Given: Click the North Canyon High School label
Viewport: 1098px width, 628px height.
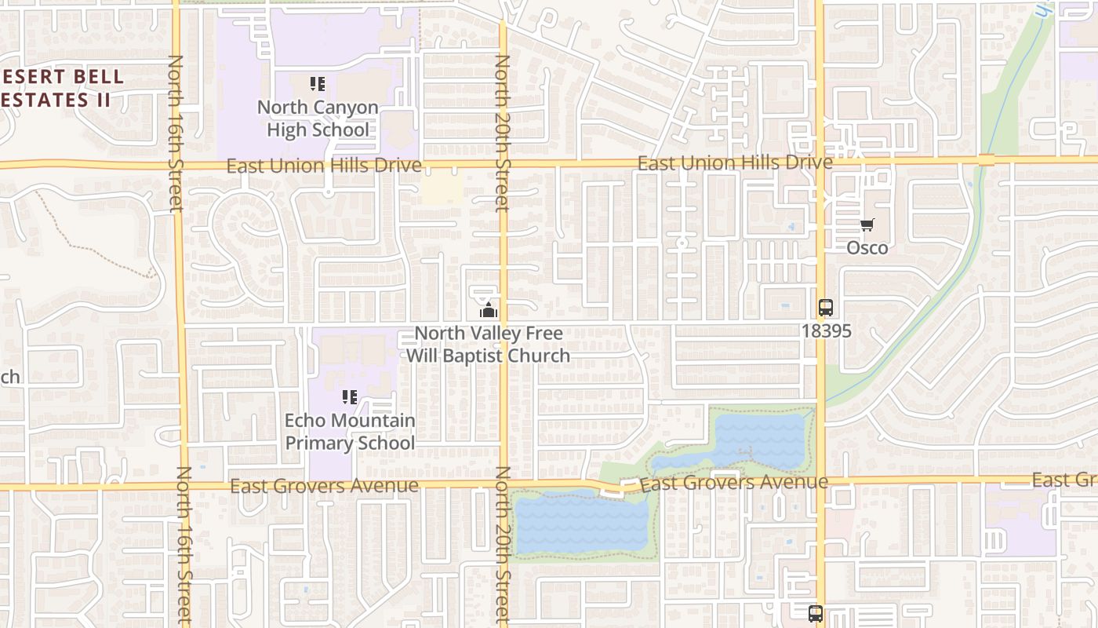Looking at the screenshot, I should click(318, 119).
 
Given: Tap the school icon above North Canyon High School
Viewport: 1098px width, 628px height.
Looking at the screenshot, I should click(318, 84).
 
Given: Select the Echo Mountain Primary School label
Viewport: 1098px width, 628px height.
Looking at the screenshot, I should click(350, 432).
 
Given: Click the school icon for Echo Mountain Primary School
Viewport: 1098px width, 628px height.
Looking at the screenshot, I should click(350, 397).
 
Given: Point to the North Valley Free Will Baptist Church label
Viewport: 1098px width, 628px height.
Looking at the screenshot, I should click(488, 345).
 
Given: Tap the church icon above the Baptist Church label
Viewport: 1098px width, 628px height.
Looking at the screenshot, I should click(489, 310).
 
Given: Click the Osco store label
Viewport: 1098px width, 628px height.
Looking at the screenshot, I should click(867, 248).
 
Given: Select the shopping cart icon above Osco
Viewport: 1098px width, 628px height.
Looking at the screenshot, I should click(867, 225).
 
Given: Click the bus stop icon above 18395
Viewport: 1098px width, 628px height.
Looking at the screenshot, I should click(826, 308).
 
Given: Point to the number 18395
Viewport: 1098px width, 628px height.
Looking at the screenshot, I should click(826, 330).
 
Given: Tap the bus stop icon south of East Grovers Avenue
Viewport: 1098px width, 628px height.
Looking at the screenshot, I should click(816, 613).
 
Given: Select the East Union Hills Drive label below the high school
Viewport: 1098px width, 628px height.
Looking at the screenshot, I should click(324, 166).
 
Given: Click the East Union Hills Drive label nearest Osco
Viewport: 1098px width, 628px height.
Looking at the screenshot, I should click(735, 163).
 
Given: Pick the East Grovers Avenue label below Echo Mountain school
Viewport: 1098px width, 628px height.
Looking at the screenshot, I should click(324, 487).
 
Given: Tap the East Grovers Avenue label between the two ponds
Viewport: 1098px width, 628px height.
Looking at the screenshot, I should click(734, 483).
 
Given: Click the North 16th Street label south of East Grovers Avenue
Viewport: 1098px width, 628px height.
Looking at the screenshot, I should click(184, 545).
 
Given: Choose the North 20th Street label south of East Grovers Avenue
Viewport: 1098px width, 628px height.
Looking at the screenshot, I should click(503, 545).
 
